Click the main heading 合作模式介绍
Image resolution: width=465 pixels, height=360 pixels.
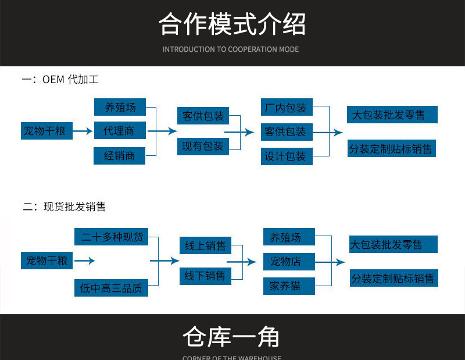pos(232,24)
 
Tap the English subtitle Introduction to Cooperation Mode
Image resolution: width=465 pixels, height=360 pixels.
pos(231,49)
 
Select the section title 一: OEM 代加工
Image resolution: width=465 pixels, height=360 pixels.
pos(60,80)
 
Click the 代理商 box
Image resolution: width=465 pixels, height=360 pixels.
pos(119,131)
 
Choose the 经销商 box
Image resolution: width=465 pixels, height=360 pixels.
pos(119,156)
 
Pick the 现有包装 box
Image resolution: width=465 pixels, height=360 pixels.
pos(203,147)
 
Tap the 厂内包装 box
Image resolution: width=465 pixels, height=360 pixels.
pos(285,108)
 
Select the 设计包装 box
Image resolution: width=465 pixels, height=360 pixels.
pos(285,156)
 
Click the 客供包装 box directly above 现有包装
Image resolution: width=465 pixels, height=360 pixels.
pos(203,116)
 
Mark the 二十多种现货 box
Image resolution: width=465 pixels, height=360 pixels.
pos(112,237)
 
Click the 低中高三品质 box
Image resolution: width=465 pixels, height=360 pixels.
pos(111,287)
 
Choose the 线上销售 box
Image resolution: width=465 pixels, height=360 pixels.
pos(205,246)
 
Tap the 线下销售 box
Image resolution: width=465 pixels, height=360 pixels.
pos(205,276)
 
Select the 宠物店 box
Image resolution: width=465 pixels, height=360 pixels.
pos(289,261)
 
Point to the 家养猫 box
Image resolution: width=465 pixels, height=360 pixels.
pos(289,286)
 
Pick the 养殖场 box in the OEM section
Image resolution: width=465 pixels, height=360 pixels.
pos(119,107)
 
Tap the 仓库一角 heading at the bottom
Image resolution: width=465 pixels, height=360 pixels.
pos(231,337)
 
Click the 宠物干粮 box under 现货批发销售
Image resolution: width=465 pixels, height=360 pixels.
pos(46,261)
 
